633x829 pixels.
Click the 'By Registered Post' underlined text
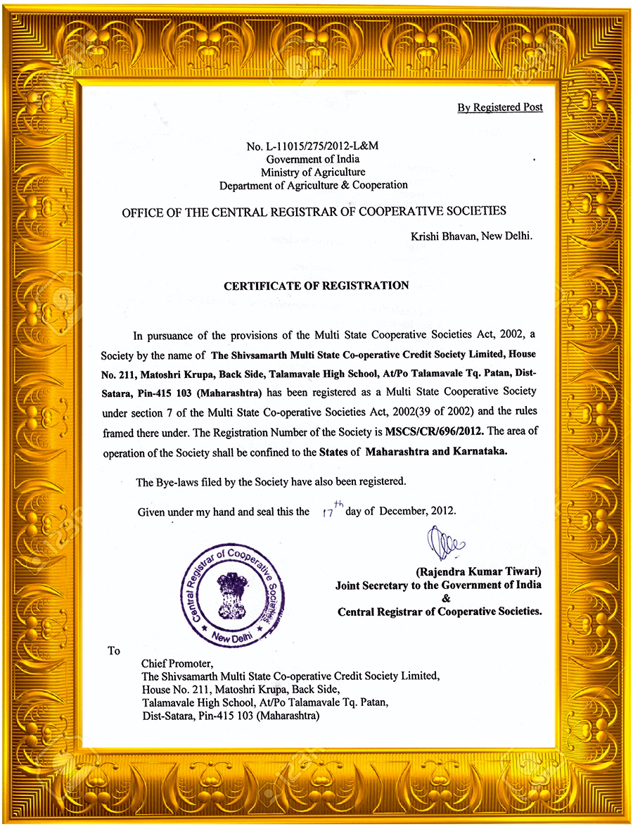[x=499, y=108]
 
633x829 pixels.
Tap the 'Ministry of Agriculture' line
[x=313, y=172]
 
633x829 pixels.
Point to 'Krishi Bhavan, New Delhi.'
[x=471, y=236]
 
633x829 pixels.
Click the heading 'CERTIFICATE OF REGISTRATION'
[x=316, y=286]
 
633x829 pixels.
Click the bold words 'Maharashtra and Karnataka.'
[x=435, y=452]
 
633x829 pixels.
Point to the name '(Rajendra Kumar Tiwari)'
[x=478, y=572]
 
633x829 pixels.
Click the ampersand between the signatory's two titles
[x=444, y=598]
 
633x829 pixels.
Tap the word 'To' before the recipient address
[x=114, y=650]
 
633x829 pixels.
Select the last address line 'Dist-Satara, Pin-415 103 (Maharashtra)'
[x=231, y=716]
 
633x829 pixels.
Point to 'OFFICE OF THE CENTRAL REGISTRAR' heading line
[x=314, y=211]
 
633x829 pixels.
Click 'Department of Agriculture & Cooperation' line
[x=313, y=185]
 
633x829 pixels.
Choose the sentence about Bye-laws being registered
[x=271, y=482]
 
